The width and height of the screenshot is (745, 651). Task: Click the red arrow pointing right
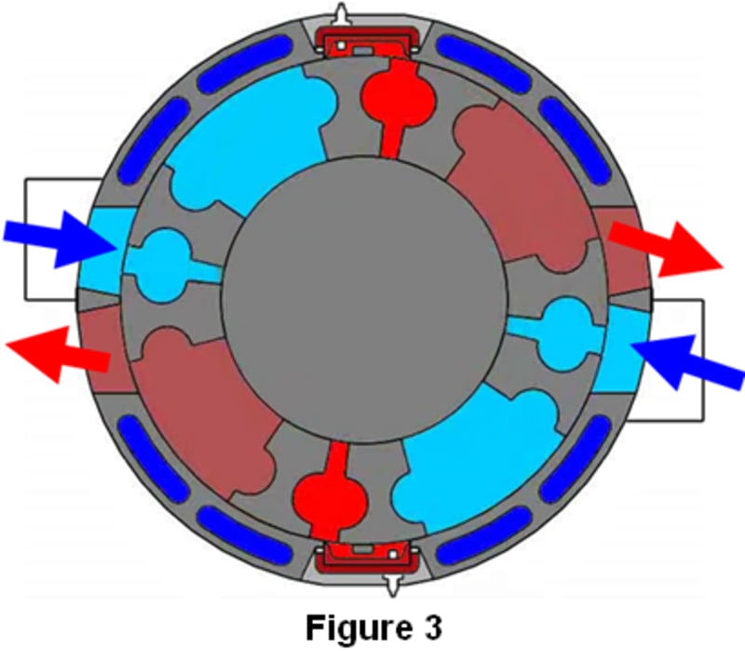[x=666, y=250]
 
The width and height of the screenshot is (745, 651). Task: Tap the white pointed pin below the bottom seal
[x=390, y=584]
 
